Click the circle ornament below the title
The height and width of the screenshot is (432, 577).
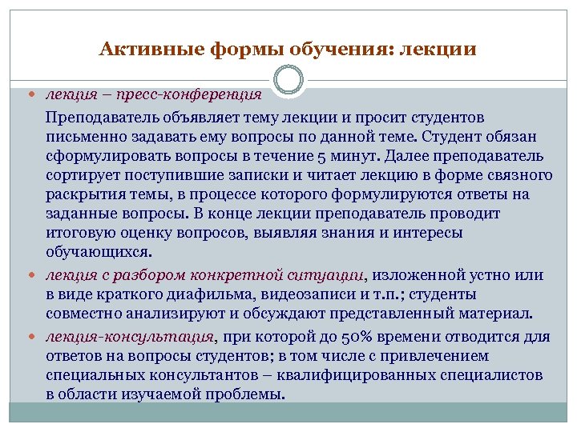pos(288,79)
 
